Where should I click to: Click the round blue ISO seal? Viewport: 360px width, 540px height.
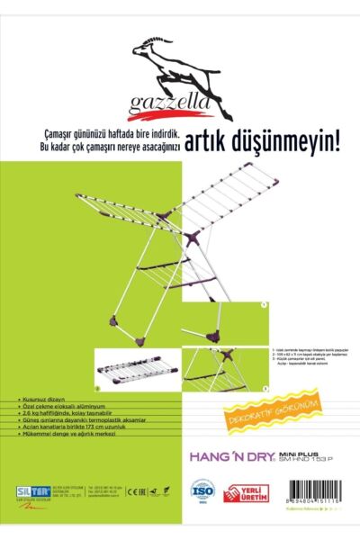202,493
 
